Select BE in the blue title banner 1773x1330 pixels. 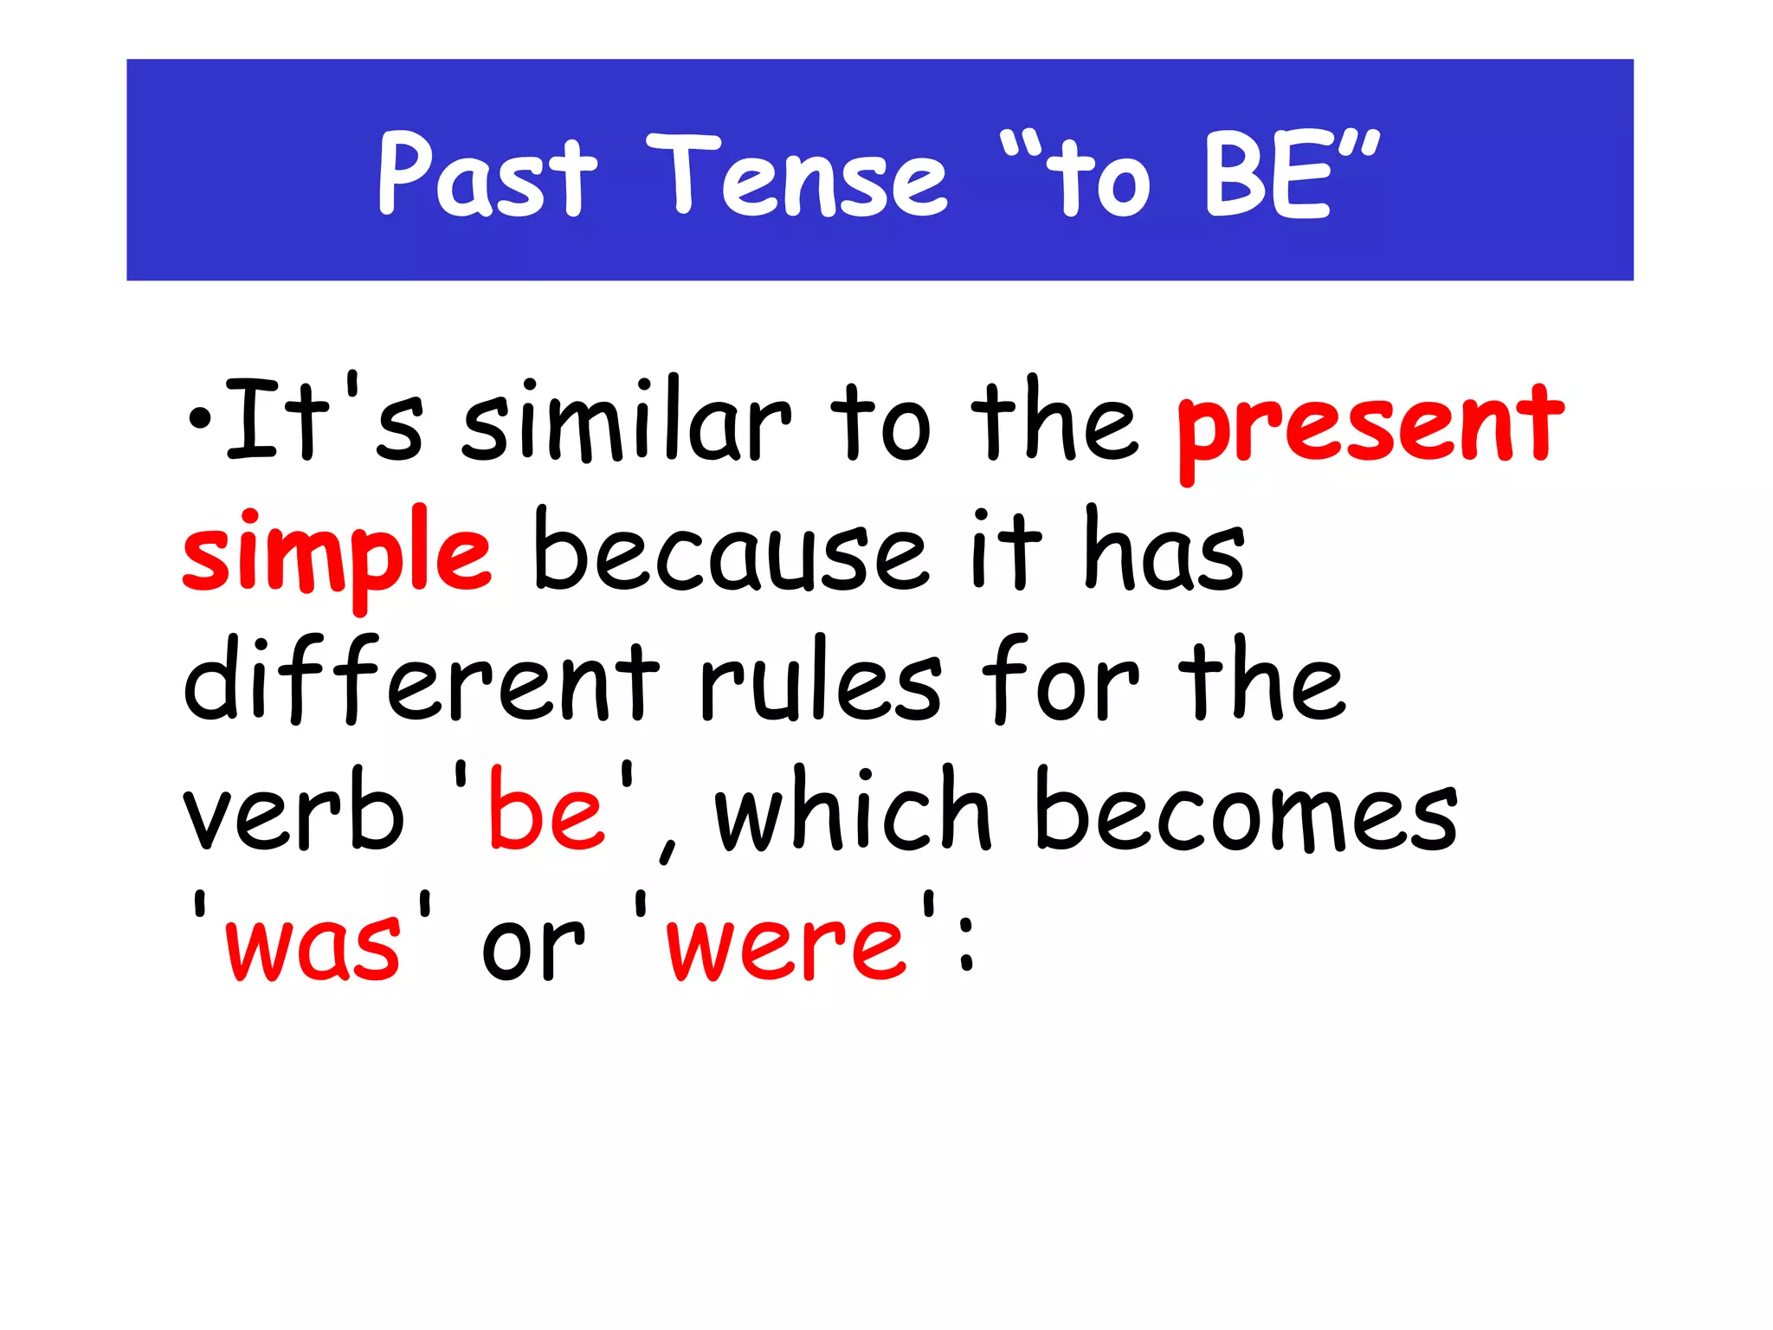click(1266, 175)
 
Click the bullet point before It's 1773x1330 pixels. click(200, 420)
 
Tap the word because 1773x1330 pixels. click(730, 552)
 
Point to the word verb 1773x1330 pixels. click(293, 810)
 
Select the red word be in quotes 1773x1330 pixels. click(545, 810)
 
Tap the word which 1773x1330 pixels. click(852, 810)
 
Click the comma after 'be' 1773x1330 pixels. click(667, 849)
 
